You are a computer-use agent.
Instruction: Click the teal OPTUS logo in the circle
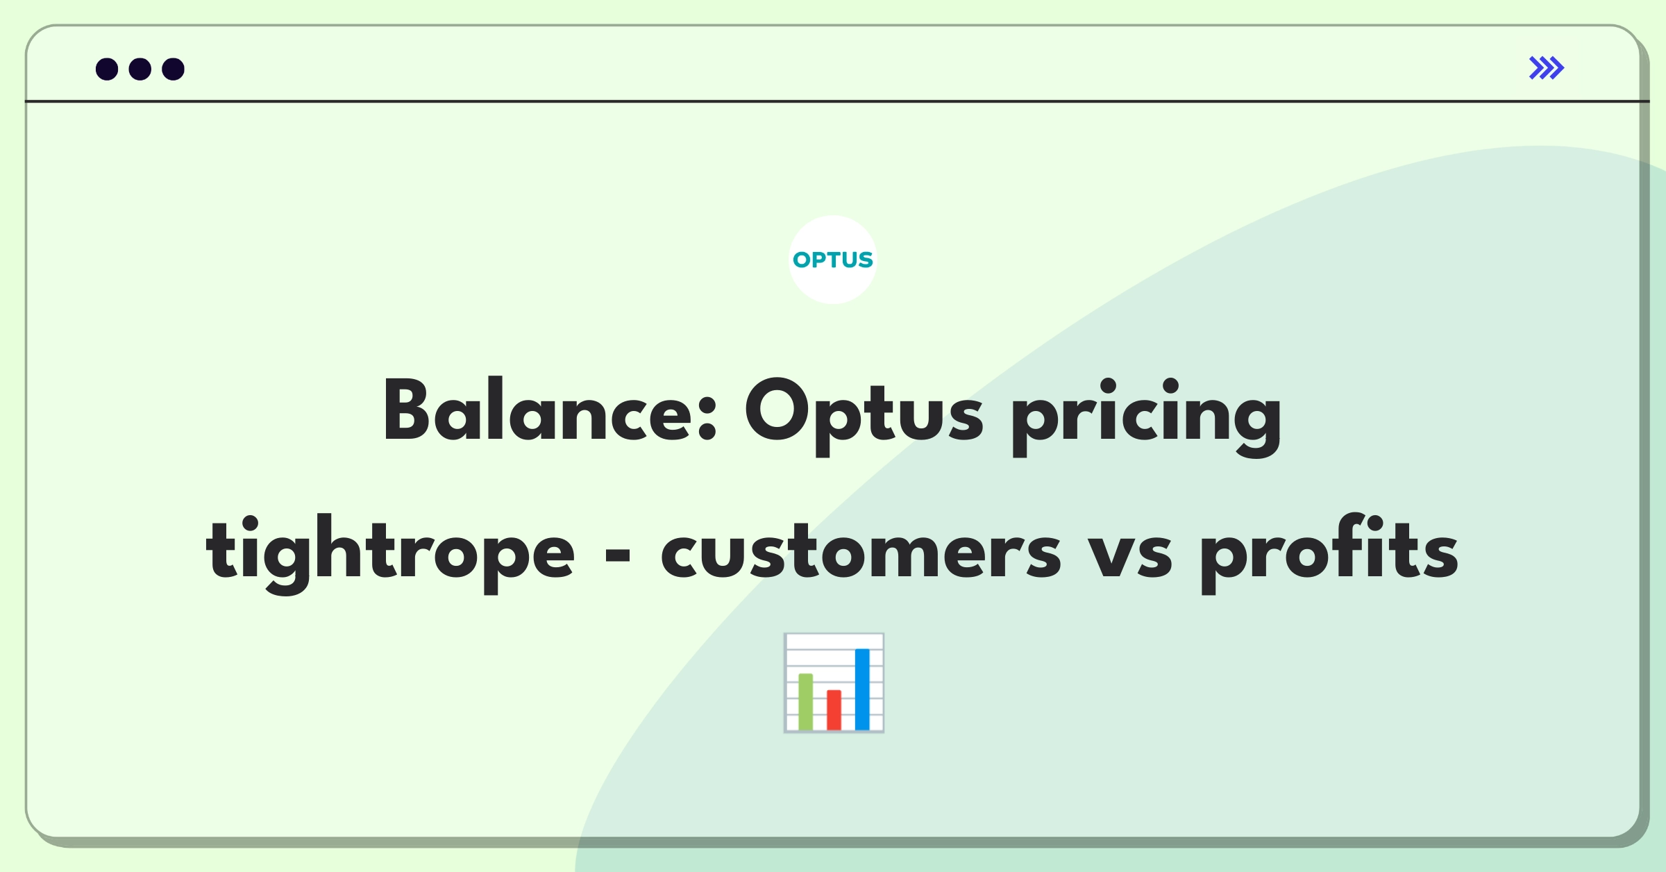pos(832,260)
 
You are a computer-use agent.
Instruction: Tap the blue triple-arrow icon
pos(1547,68)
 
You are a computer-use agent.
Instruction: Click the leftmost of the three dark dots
pos(107,69)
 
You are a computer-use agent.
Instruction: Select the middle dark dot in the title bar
pos(140,69)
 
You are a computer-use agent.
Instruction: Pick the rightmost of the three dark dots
pos(174,69)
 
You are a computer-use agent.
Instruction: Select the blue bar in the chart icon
pos(862,689)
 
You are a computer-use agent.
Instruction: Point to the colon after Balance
pos(707,420)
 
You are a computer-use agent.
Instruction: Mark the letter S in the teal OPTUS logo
pos(864,260)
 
